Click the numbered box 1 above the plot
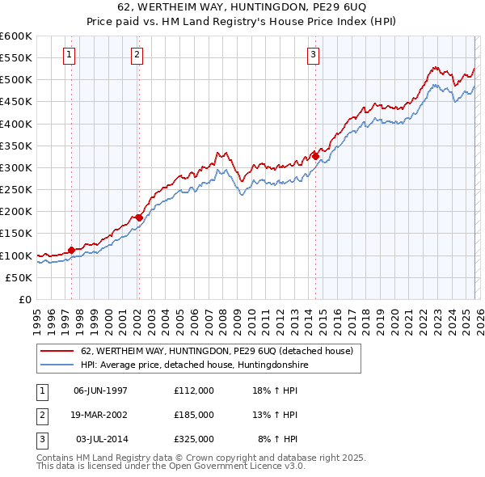click(70, 55)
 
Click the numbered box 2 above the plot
click(137, 55)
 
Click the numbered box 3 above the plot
click(313, 55)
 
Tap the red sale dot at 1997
click(71, 250)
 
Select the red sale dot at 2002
click(139, 217)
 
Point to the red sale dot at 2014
click(315, 156)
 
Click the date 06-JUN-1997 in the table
click(100, 390)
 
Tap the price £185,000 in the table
click(194, 415)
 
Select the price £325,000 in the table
click(194, 439)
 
